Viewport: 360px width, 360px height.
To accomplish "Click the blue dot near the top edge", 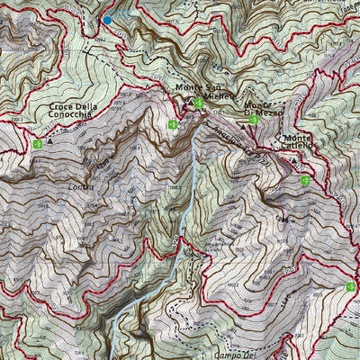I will [x=107, y=20].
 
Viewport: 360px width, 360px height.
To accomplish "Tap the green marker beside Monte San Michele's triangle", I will [x=198, y=103].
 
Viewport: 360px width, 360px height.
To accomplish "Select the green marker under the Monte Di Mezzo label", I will [x=254, y=120].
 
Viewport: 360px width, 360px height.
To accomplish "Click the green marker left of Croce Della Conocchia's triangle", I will [x=37, y=143].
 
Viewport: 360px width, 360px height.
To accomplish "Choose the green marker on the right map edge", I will [x=350, y=286].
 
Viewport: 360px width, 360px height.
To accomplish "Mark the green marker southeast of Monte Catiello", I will [x=305, y=180].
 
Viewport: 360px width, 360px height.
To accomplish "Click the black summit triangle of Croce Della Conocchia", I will [x=50, y=140].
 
